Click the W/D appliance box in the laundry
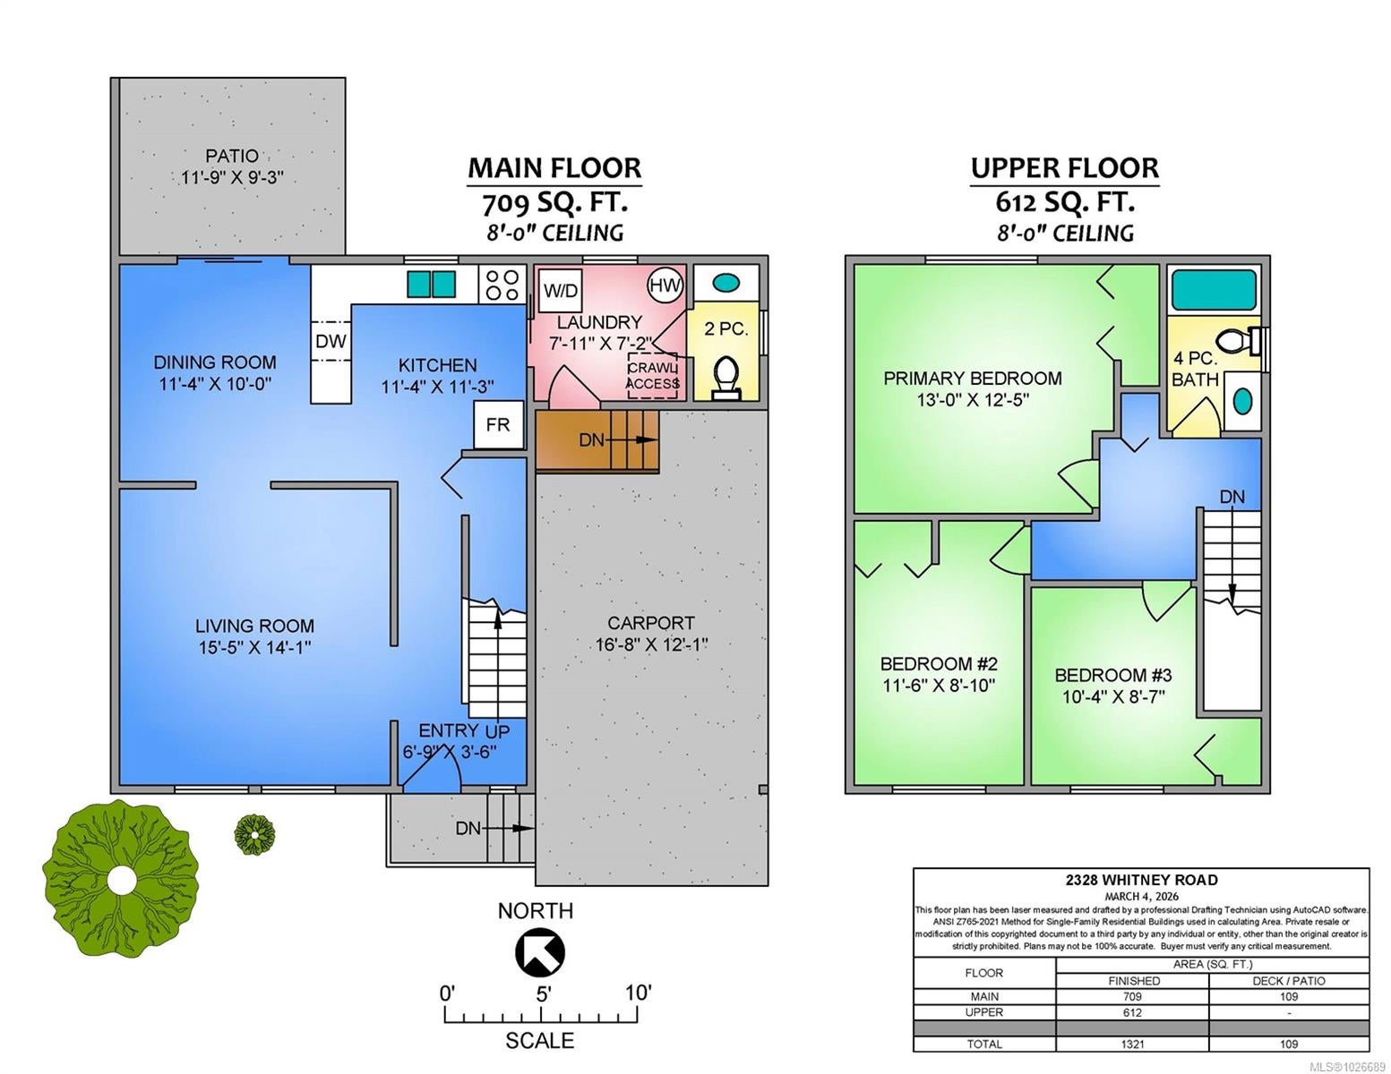coord(560,291)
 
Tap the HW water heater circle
coord(665,286)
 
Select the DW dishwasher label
coord(331,342)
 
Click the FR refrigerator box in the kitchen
coord(498,425)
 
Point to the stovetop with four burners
coord(502,285)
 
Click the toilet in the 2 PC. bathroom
coord(726,379)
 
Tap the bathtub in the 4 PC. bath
coord(1213,290)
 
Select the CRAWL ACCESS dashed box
coord(652,376)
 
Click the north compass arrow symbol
coord(539,952)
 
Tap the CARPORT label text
coord(650,622)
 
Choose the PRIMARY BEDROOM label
coord(973,378)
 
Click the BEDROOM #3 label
coord(1113,675)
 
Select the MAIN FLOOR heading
coord(554,168)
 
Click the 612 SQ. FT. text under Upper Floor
coord(1065,203)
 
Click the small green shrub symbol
coord(254,834)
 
